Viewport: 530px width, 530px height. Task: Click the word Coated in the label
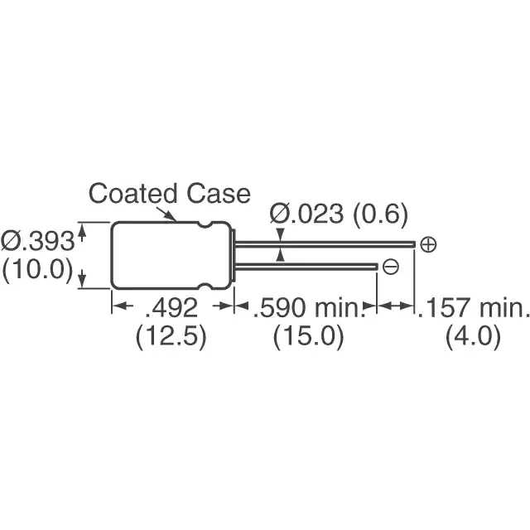pos(129,194)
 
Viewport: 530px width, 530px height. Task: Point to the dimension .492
pos(171,310)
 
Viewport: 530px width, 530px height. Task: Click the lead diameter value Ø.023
pos(306,215)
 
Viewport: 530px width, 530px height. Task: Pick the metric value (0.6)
pos(380,215)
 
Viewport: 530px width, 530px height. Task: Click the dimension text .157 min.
pos(472,310)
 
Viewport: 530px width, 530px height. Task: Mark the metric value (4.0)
pos(473,338)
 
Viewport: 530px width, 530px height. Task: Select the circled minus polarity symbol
pos(391,266)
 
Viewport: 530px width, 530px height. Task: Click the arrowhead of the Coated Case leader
pos(173,219)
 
